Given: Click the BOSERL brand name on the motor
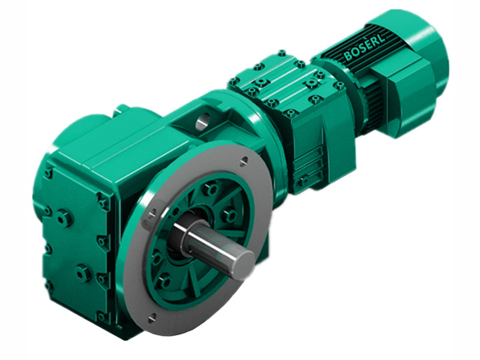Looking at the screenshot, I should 367,46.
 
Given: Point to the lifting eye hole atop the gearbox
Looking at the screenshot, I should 202,123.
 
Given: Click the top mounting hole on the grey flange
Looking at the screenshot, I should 244,160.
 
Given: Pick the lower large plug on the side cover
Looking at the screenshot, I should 82,274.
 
